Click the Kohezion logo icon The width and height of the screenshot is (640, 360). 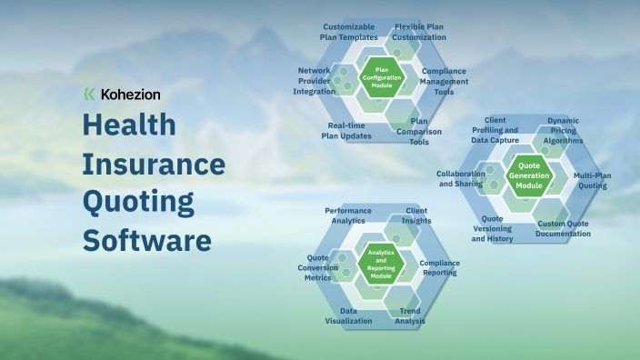[x=88, y=94]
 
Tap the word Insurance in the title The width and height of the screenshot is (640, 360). [x=154, y=165]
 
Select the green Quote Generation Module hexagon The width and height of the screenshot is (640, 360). [x=528, y=174]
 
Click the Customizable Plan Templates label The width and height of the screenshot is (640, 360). [x=350, y=32]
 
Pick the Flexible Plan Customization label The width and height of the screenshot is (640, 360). [x=420, y=32]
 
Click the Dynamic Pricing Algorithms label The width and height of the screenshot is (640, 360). [x=563, y=130]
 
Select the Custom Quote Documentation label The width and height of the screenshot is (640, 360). [x=564, y=228]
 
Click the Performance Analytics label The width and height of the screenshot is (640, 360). [x=348, y=215]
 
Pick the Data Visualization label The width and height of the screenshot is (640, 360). [x=349, y=315]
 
